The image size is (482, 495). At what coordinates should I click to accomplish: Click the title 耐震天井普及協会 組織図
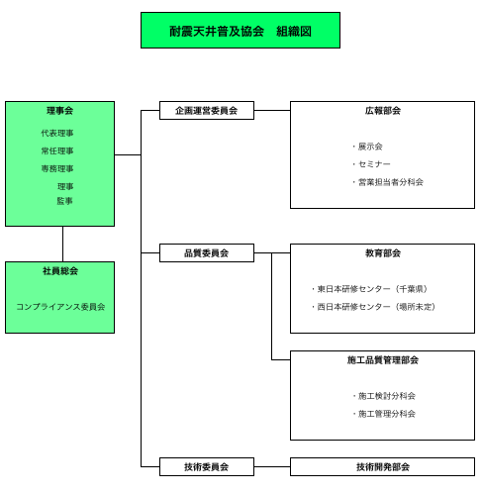(x=241, y=32)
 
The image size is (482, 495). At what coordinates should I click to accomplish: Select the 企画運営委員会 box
(x=207, y=110)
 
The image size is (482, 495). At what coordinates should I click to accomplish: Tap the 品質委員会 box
(x=207, y=252)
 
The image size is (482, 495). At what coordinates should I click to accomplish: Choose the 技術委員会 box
(x=207, y=466)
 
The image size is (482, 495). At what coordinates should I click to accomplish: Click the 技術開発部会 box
(x=382, y=466)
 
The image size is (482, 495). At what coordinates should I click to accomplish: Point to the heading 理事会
(x=59, y=111)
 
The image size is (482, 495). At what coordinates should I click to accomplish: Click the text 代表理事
(x=57, y=133)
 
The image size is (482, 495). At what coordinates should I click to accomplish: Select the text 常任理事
(x=57, y=150)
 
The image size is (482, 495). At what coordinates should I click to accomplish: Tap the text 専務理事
(x=57, y=168)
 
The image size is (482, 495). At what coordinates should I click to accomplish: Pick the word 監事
(x=64, y=201)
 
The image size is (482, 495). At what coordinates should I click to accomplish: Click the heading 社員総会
(x=60, y=271)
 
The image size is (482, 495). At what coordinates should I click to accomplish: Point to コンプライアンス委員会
(x=60, y=307)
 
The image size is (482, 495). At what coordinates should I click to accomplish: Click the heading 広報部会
(x=383, y=111)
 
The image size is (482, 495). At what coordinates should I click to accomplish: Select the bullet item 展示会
(x=367, y=147)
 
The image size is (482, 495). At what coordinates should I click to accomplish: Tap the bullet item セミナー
(x=371, y=164)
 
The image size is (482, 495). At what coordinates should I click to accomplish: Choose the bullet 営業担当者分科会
(x=387, y=182)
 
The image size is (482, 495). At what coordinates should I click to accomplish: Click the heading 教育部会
(x=383, y=253)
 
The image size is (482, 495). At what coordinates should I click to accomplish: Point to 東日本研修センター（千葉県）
(x=369, y=289)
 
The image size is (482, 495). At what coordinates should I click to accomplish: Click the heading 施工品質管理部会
(x=383, y=360)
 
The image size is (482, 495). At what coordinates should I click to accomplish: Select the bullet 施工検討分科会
(x=383, y=396)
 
